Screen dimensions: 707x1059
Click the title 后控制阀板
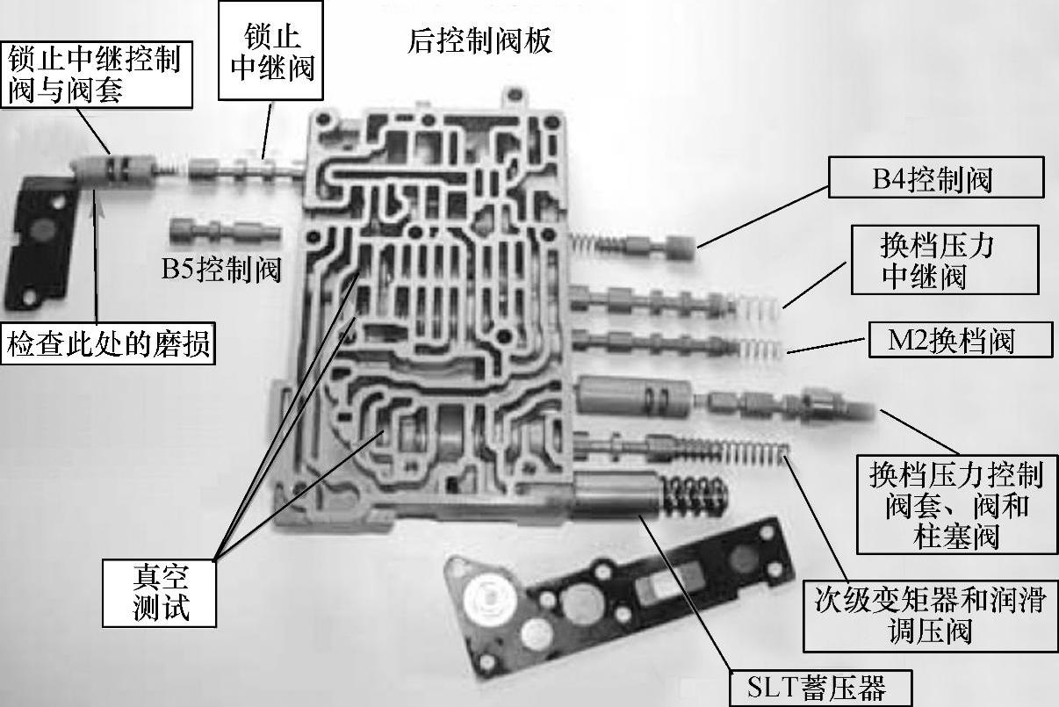click(x=479, y=41)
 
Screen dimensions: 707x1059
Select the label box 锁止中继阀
click(x=271, y=53)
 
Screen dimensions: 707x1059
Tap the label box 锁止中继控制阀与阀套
click(x=94, y=74)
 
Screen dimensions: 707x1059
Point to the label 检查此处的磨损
click(x=109, y=343)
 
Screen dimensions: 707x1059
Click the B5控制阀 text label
click(x=220, y=270)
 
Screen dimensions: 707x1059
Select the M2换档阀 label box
click(x=959, y=340)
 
